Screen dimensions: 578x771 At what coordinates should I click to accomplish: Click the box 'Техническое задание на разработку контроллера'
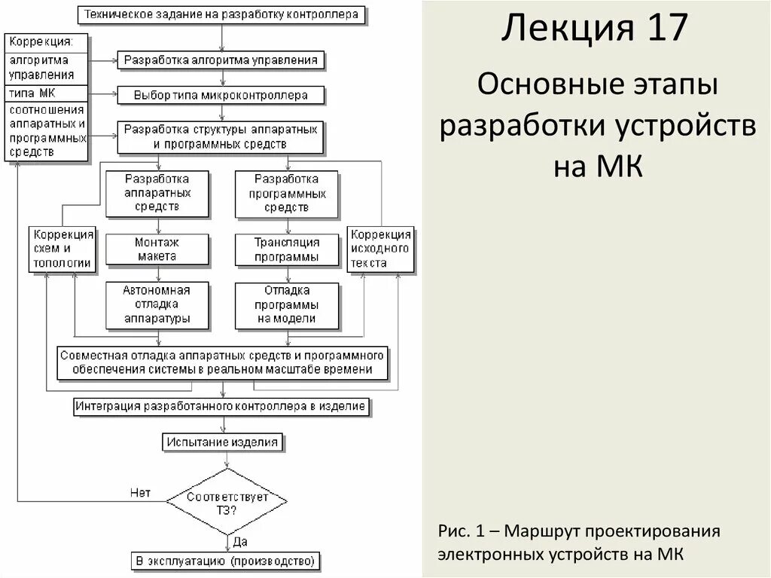pos(222,14)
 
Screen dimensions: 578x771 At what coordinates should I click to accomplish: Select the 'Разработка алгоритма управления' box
pos(221,60)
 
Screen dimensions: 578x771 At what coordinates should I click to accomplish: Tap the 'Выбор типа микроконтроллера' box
pos(221,96)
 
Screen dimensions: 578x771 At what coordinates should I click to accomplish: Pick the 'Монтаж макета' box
pos(157,249)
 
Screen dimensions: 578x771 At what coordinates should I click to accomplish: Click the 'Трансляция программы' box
pos(286,249)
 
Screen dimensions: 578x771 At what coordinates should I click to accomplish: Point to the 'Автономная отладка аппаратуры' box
pos(157,304)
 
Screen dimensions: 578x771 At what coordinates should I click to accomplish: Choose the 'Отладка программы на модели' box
pos(286,304)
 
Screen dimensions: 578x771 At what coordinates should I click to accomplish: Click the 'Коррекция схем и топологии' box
pos(62,249)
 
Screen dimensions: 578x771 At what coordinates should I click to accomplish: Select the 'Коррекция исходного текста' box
pos(380,249)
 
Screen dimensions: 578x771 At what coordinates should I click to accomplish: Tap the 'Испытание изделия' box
pos(223,442)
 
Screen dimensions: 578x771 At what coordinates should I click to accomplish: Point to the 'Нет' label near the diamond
pos(140,493)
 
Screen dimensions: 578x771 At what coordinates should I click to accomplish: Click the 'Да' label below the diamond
pos(240,541)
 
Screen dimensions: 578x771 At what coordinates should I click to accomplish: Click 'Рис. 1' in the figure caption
pos(460,531)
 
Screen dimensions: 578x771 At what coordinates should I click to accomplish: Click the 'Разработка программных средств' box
pos(286,193)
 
